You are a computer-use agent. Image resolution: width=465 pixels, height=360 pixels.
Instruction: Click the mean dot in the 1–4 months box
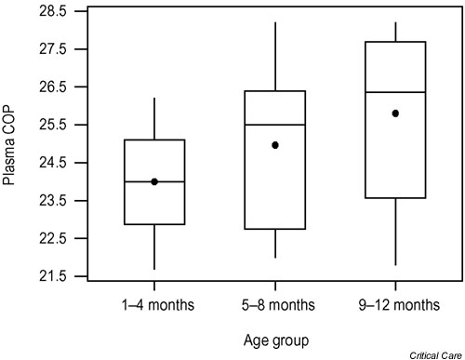click(x=154, y=181)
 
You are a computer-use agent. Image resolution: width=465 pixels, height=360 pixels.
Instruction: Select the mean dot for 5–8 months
click(x=274, y=145)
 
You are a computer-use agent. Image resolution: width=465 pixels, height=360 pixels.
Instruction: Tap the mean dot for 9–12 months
click(x=395, y=113)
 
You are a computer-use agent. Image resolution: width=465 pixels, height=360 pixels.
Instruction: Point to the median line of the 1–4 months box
click(x=154, y=182)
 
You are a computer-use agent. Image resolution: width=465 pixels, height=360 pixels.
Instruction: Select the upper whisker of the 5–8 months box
click(x=274, y=56)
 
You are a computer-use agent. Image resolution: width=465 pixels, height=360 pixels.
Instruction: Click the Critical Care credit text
click(x=433, y=353)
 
